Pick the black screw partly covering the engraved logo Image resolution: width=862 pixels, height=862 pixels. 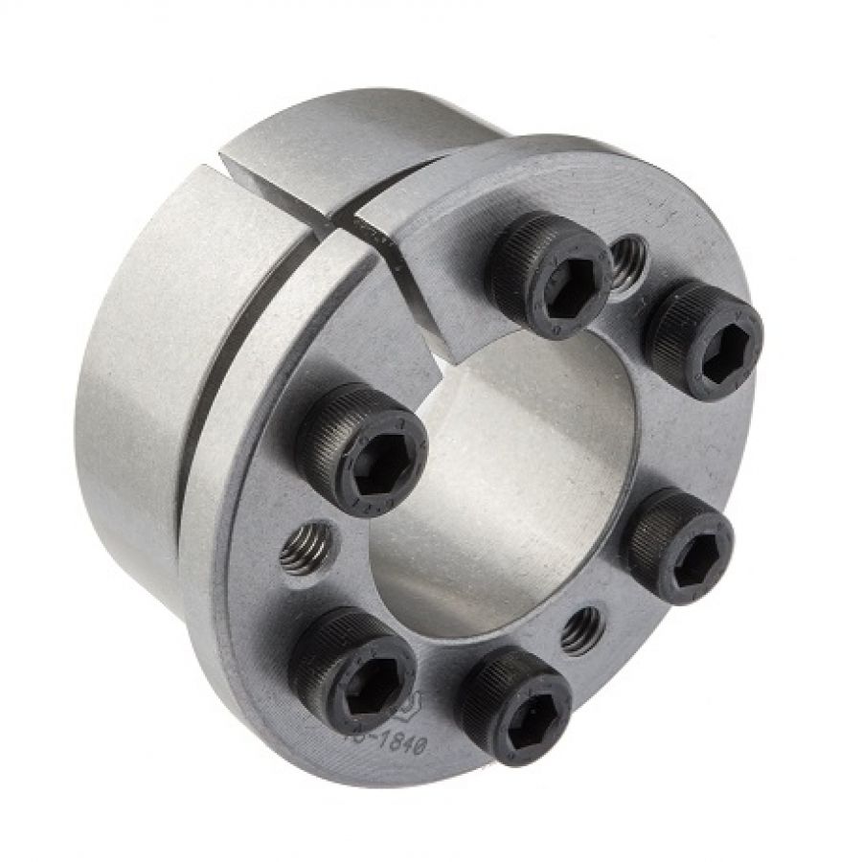click(352, 670)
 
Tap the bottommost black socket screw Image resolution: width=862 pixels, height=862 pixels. click(518, 704)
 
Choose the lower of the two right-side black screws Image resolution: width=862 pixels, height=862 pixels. click(681, 545)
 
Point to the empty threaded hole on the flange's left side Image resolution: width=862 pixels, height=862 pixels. click(308, 548)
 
